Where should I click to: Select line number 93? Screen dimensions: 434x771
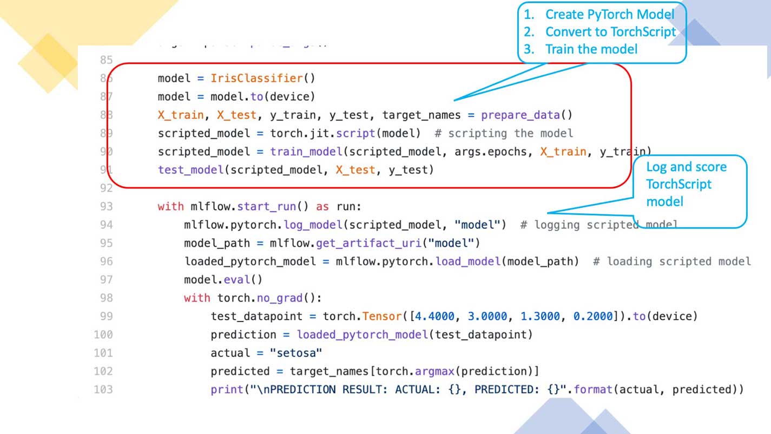coord(106,206)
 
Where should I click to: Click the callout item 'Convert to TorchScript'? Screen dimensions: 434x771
coord(610,32)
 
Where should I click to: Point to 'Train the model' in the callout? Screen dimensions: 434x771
coord(591,49)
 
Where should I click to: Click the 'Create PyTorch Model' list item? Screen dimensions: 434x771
coord(610,15)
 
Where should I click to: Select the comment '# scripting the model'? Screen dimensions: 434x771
coord(510,133)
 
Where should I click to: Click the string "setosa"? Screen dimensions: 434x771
coord(296,353)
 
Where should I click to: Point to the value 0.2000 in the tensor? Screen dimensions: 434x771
coord(594,316)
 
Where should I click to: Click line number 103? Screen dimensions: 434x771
coord(103,389)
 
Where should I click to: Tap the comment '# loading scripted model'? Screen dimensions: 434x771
coord(671,261)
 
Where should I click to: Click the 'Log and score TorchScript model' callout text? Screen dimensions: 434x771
coord(686,184)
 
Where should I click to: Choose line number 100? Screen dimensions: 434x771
coord(103,334)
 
